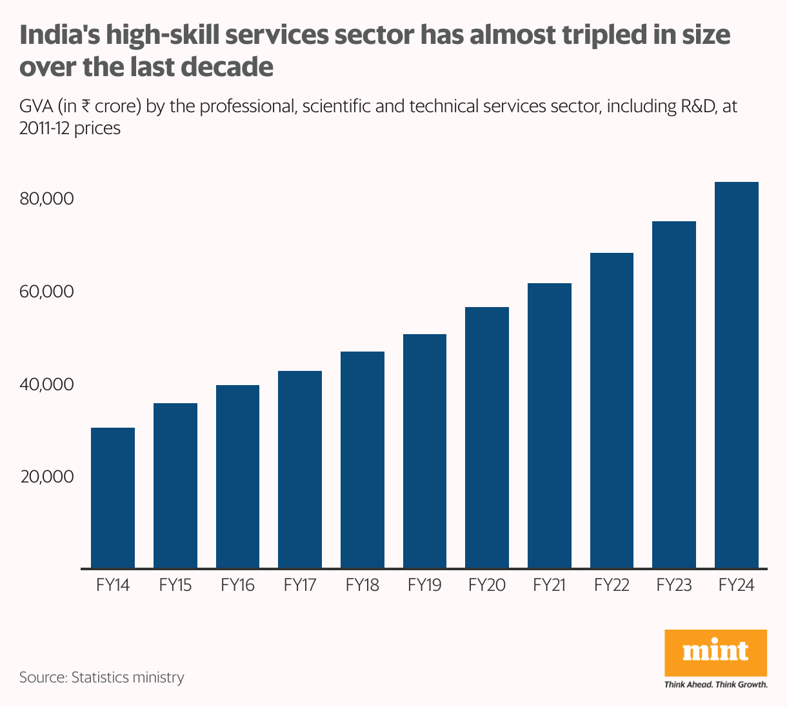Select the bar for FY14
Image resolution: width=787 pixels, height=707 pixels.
point(113,497)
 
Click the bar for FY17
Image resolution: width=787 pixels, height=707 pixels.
point(300,469)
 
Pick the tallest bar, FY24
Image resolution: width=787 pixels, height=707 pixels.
point(737,375)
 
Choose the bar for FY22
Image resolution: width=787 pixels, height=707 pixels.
point(612,410)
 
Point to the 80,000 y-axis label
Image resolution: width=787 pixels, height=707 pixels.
point(47,199)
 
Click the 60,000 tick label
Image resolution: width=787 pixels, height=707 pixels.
point(47,292)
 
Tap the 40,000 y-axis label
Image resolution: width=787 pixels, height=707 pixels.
point(47,384)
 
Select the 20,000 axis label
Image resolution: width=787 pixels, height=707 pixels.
point(47,477)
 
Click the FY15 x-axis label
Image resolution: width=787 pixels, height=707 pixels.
point(175,586)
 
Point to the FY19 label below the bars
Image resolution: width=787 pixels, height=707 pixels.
point(424,586)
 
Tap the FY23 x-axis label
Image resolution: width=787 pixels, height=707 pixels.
point(674,586)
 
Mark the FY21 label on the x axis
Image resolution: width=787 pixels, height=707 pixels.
point(549,586)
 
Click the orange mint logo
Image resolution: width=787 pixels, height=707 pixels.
point(715,652)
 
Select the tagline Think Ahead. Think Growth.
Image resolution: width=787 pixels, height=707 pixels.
point(715,684)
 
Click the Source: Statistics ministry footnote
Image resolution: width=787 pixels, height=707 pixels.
point(101,677)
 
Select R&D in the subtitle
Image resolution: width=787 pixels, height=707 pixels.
point(699,106)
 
